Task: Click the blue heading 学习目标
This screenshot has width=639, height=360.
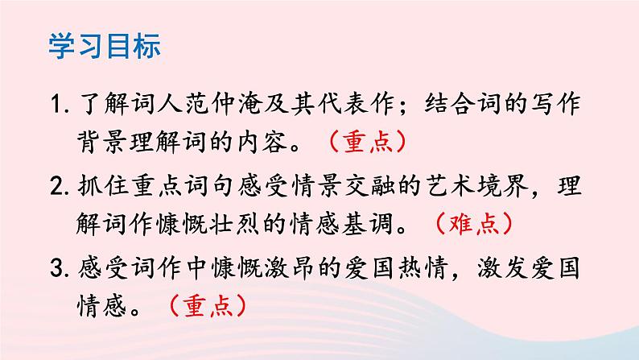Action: [105, 45]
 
